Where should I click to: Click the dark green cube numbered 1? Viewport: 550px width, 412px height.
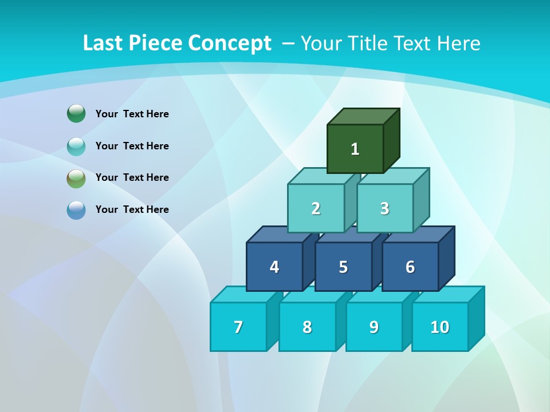(355, 149)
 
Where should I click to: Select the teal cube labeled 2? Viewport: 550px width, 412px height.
(316, 208)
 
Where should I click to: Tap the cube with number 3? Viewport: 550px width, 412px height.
(384, 208)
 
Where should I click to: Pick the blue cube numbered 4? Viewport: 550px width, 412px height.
(274, 267)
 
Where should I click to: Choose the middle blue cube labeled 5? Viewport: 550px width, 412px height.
(343, 267)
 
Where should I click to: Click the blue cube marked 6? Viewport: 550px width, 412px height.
(410, 267)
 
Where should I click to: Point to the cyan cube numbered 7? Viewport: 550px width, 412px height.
(238, 327)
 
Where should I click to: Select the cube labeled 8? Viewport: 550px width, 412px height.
(307, 327)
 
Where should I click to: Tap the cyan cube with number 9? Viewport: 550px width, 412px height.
(374, 327)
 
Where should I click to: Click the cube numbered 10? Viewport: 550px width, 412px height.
(440, 327)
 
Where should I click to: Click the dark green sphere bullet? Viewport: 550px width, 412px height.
(76, 114)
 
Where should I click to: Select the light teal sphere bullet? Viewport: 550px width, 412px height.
(76, 146)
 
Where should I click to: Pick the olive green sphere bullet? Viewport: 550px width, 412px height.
(76, 179)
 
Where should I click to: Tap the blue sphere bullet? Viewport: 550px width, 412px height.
(76, 210)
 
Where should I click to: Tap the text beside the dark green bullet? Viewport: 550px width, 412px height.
(132, 114)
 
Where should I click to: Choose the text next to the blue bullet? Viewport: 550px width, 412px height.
(132, 209)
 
